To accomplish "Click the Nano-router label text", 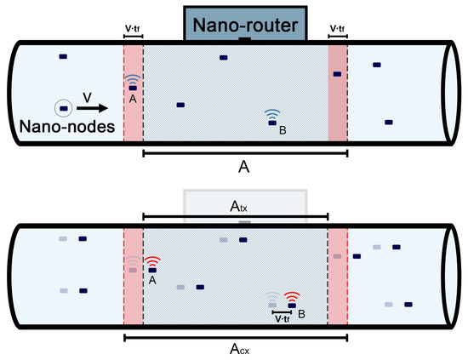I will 244,26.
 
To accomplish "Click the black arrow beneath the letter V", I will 95,108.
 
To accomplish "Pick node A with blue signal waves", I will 132,87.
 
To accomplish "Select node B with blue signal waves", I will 272,123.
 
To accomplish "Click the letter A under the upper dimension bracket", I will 244,169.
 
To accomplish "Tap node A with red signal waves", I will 152,269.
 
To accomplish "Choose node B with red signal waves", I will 292,305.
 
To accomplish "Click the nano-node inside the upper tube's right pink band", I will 338,75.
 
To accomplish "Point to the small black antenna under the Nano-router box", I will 245,40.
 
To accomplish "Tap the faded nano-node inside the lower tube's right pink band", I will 338,255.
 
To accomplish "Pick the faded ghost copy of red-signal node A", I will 133,269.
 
